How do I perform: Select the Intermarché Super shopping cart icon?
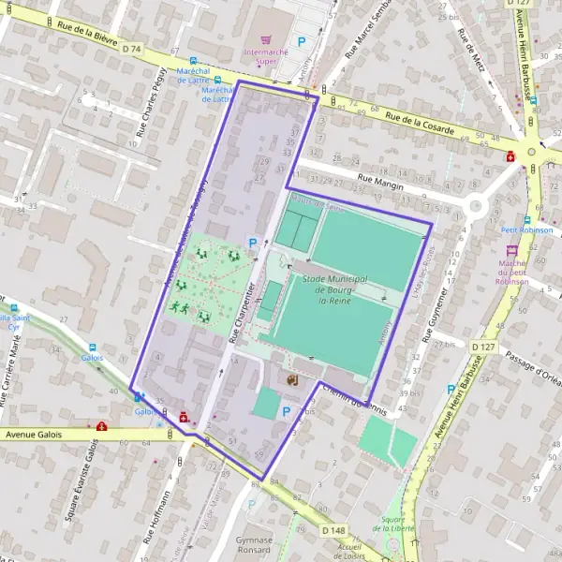(265, 40)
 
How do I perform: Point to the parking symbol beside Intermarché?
(302, 41)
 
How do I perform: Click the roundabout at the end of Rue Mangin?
(475, 206)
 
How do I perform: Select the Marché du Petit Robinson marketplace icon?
(511, 251)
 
